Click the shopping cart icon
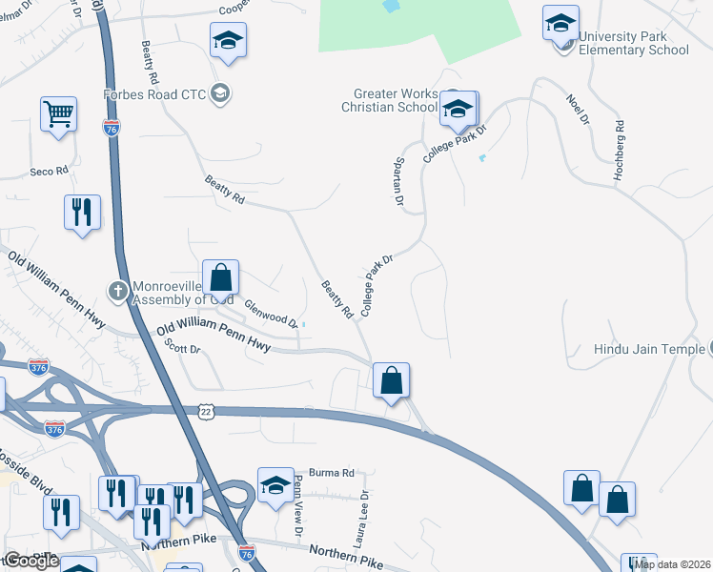(x=58, y=114)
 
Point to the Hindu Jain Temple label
(x=648, y=350)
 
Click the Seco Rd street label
(x=50, y=171)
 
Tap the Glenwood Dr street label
(x=272, y=314)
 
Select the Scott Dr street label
(x=182, y=349)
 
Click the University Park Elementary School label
(x=633, y=43)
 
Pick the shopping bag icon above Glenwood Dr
(x=220, y=277)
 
